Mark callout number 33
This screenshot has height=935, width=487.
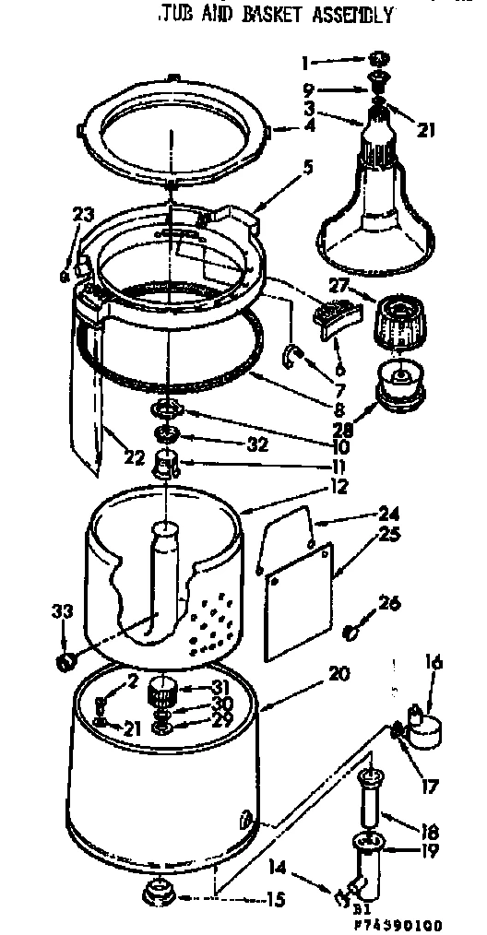[62, 611]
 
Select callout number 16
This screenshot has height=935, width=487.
[434, 662]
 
